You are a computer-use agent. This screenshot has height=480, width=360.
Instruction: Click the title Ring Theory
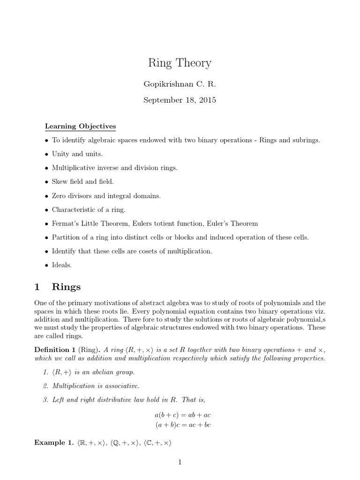[180, 63]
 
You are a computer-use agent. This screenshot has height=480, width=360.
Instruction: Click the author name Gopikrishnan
[161, 84]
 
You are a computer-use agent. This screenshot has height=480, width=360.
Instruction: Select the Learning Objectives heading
[80, 127]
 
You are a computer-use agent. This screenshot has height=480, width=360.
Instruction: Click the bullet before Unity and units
[46, 154]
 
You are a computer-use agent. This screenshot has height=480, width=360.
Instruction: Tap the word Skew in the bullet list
[60, 181]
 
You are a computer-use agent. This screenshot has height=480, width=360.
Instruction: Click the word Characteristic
[73, 210]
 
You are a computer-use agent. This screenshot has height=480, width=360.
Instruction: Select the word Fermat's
[65, 223]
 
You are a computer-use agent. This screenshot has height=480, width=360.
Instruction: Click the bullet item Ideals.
[61, 265]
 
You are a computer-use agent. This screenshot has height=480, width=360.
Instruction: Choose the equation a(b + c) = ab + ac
[180, 415]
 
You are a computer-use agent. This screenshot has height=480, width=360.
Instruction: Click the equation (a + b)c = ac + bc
[180, 425]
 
